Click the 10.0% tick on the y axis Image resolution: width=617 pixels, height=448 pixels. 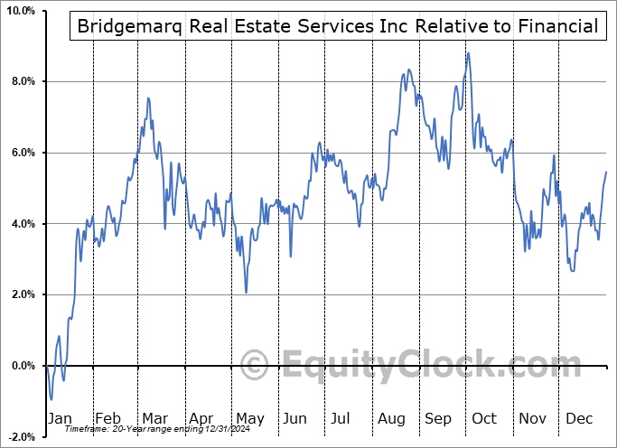(19, 11)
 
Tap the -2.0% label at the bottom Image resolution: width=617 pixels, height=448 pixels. (20, 436)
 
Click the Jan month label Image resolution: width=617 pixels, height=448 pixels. (59, 419)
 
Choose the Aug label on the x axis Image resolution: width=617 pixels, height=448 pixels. (391, 419)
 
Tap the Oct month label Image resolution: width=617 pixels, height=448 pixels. (484, 419)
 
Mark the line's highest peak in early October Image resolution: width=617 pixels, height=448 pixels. (468, 53)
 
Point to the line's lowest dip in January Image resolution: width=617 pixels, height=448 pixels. (51, 399)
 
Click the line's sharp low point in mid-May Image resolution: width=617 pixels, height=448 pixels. (246, 292)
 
